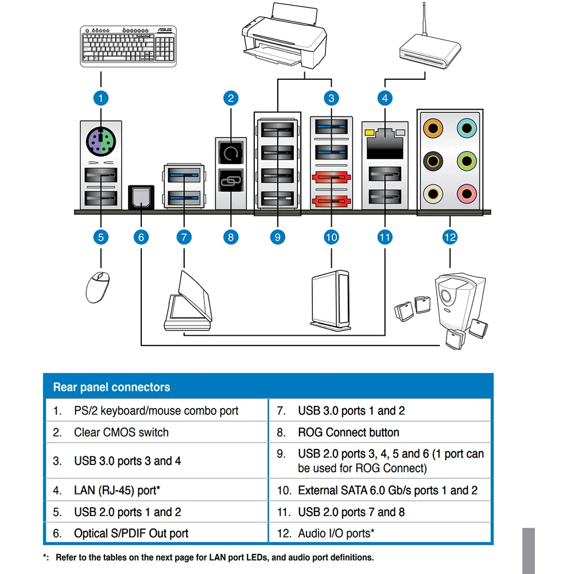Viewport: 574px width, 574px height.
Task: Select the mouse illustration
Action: click(x=100, y=286)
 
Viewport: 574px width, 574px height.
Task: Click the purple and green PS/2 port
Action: click(x=100, y=139)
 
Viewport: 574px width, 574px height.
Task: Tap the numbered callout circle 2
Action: click(x=231, y=98)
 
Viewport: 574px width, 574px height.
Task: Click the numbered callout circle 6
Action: click(x=141, y=236)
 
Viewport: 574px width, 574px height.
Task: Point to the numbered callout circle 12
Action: click(x=450, y=236)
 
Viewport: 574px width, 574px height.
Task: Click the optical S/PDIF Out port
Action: click(x=141, y=197)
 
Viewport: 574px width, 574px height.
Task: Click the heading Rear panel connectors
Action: click(x=111, y=387)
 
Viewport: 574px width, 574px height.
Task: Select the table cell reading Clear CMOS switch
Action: click(x=121, y=432)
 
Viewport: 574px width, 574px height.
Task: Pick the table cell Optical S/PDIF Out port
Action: click(x=131, y=533)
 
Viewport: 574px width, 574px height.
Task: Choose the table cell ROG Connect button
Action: click(x=348, y=432)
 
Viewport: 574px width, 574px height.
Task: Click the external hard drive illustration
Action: click(x=330, y=300)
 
